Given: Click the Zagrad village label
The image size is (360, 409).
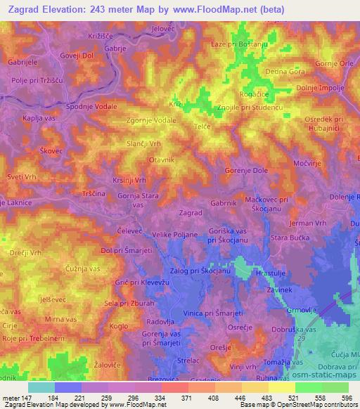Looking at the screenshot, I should click(x=191, y=212).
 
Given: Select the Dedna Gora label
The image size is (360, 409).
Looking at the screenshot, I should click(x=285, y=72).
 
